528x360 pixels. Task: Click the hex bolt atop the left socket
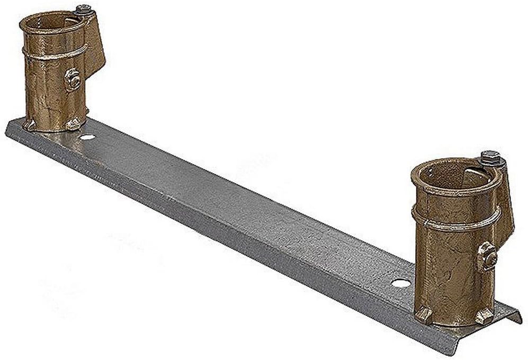pos(83,10)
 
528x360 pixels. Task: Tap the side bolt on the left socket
pos(72,80)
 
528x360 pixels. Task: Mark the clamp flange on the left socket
pos(94,45)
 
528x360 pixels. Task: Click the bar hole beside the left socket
pos(87,137)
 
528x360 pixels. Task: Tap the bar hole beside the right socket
pos(400,283)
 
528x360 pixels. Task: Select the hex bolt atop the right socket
pos(491,158)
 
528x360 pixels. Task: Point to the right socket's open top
pos(453,175)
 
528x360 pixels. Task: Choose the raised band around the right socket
pos(455,222)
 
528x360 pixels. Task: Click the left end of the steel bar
pos(13,130)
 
